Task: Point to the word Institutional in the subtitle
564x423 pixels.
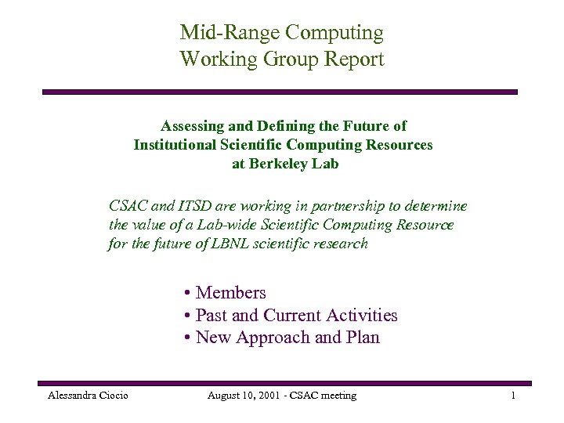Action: click(177, 145)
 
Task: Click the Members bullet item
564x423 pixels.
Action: click(230, 293)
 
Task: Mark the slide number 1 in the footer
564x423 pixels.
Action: click(512, 396)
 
